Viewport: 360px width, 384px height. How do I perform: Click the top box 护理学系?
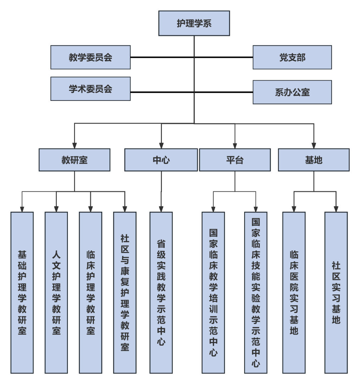point(194,23)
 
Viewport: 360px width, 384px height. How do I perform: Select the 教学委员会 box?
point(90,57)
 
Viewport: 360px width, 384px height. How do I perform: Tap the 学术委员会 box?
point(90,89)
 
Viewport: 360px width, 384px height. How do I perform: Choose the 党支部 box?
point(292,57)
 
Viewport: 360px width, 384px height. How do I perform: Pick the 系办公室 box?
point(292,92)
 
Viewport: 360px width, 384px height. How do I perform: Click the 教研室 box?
point(74,160)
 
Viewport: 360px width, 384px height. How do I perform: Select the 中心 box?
point(161,160)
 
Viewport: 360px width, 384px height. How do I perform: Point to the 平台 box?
point(235,160)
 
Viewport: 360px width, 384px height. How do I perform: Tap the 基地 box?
point(313,160)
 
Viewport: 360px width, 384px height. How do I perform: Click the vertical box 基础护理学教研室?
point(22,293)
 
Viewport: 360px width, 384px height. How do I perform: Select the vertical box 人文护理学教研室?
point(56,293)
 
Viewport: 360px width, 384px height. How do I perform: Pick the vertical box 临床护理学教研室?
point(91,293)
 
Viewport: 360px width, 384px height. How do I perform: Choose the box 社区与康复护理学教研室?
point(125,293)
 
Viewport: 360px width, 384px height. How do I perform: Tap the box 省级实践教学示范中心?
point(161,293)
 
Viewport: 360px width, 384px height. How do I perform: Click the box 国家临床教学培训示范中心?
point(213,293)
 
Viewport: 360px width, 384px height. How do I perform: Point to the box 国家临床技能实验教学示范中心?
point(256,293)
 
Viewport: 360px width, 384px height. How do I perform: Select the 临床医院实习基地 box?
point(294,293)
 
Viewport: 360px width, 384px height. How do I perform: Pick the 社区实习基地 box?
point(336,293)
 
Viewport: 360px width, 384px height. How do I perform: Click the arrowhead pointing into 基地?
point(313,145)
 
